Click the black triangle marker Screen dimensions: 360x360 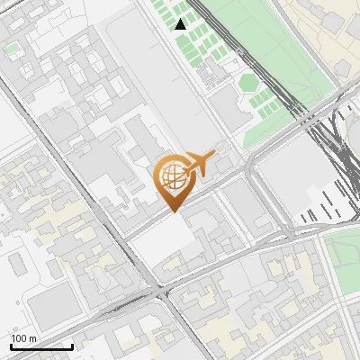[181, 24]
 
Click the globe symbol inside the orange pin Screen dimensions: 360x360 [173, 175]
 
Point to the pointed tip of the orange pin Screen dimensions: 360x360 [173, 211]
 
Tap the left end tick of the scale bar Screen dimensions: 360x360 [11, 346]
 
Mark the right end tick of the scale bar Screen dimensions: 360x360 [72, 346]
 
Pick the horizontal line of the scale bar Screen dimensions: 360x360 [41, 347]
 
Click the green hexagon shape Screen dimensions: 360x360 [247, 83]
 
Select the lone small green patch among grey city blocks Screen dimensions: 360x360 [12, 49]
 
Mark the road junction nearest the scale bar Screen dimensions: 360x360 [162, 292]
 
